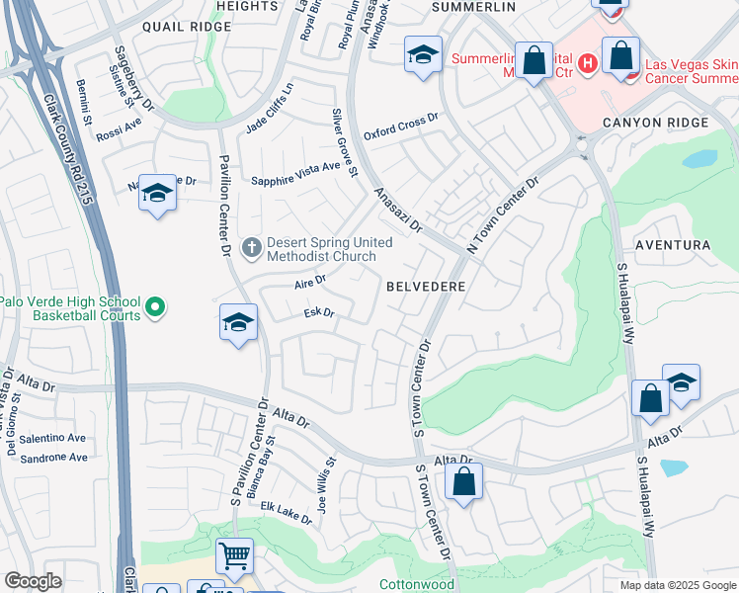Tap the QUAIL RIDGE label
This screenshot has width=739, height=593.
click(x=185, y=27)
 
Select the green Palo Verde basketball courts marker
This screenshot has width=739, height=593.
click(x=154, y=309)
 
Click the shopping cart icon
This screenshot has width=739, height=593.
click(x=234, y=555)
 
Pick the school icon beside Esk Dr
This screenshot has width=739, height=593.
click(x=237, y=323)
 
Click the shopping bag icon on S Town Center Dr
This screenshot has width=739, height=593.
click(x=464, y=483)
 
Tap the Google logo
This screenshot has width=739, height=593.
click(x=34, y=581)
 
